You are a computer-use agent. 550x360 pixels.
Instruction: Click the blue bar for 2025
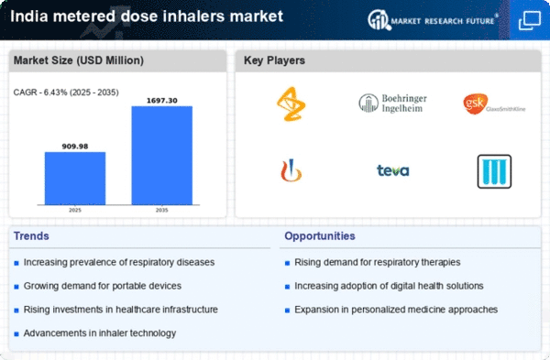tap(75, 178)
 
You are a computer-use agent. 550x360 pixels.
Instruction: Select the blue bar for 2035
tap(162, 156)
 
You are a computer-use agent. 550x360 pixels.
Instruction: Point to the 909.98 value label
tap(75, 147)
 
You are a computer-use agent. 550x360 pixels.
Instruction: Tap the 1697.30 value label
tap(162, 101)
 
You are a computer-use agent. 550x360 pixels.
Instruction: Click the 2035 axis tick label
tap(161, 210)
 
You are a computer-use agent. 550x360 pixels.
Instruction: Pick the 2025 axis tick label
tap(75, 210)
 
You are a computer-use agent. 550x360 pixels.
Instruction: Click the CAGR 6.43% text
tap(66, 93)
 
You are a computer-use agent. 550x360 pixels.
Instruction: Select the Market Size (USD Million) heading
tap(79, 60)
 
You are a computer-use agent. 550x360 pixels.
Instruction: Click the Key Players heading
tap(274, 60)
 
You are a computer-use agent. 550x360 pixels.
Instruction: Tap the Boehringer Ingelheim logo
tap(393, 104)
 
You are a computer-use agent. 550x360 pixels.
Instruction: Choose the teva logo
tap(393, 170)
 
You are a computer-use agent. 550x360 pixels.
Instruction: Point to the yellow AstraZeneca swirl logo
tap(291, 104)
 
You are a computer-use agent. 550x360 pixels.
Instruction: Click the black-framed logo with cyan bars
tap(494, 171)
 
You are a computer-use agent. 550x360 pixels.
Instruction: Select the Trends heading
tap(31, 236)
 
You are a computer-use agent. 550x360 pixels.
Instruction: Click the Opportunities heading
tap(320, 236)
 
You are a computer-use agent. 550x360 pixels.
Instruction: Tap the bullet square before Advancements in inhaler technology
tap(16, 333)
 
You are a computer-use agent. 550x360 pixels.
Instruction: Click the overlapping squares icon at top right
tap(530, 20)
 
